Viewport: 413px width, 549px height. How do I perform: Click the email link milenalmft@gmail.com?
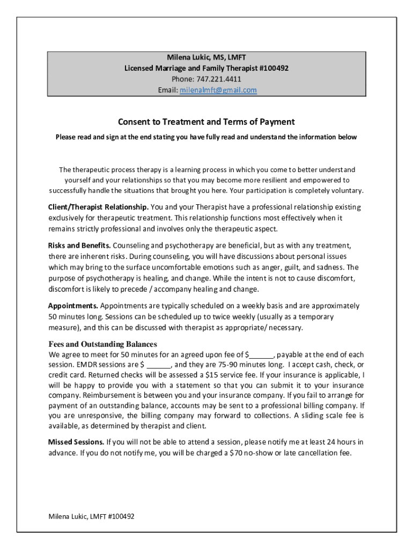coord(218,90)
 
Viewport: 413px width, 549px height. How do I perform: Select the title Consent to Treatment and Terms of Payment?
coord(206,122)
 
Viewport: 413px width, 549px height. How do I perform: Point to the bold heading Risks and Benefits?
coord(79,246)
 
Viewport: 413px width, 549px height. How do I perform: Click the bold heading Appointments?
coord(73,306)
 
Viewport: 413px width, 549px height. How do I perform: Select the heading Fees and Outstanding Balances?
coord(103,344)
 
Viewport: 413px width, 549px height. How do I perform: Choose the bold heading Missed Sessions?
coord(76,442)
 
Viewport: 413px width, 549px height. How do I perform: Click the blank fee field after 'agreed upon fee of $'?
coord(262,355)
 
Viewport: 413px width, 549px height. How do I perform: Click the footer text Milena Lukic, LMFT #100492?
coord(91,516)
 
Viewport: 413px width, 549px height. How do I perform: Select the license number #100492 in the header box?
coord(275,69)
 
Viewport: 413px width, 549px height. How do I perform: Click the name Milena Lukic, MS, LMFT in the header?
coord(206,57)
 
